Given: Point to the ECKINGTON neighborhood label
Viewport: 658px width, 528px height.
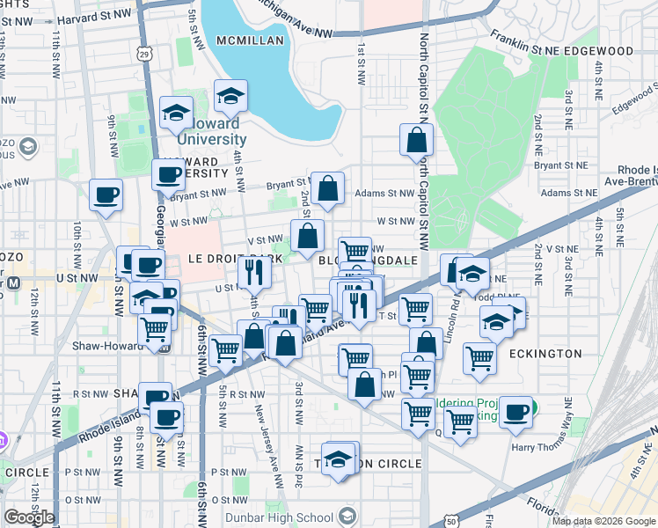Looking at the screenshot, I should click(545, 354).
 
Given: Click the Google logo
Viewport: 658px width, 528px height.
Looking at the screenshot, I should click(29, 517).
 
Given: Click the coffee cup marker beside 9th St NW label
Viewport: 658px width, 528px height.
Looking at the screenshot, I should click(106, 194).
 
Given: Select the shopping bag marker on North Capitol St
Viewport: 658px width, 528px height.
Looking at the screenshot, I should click(416, 140).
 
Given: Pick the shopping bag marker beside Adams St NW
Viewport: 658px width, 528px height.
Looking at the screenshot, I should click(327, 188).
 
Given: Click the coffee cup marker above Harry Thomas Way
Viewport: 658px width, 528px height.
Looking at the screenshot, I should click(516, 410).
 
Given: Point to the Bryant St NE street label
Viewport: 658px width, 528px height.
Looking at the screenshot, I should click(564, 165).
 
